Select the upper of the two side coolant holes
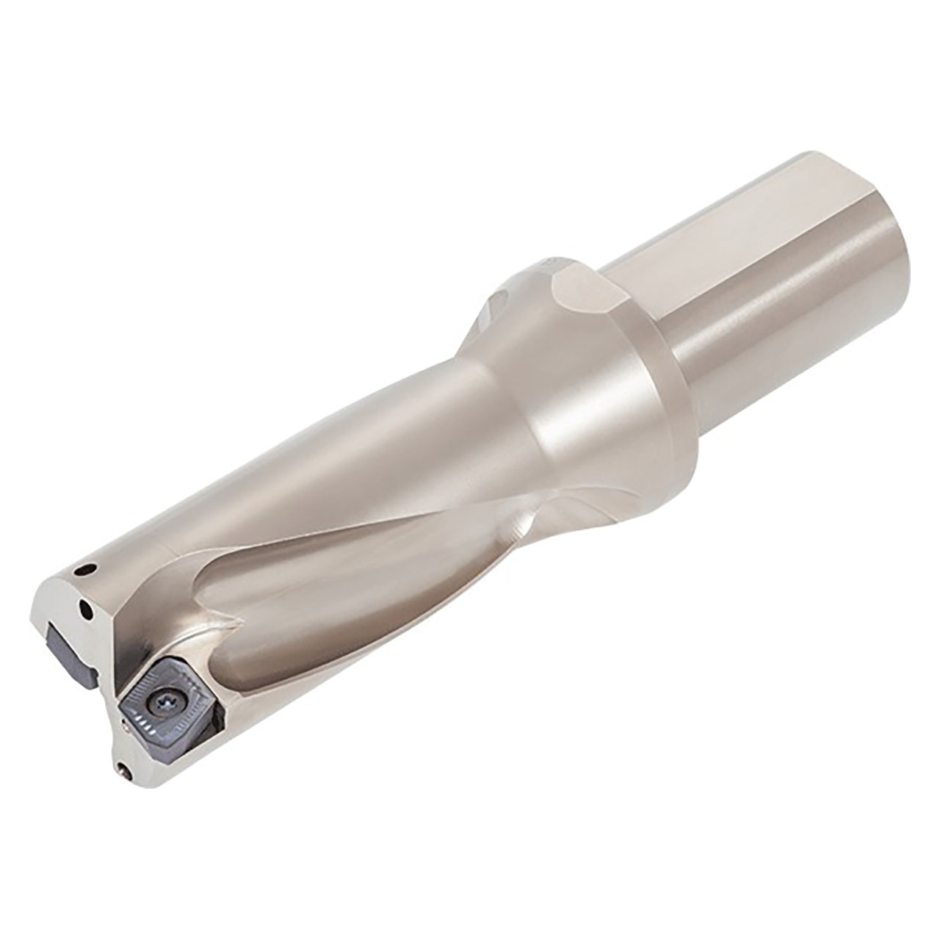click(89, 566)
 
